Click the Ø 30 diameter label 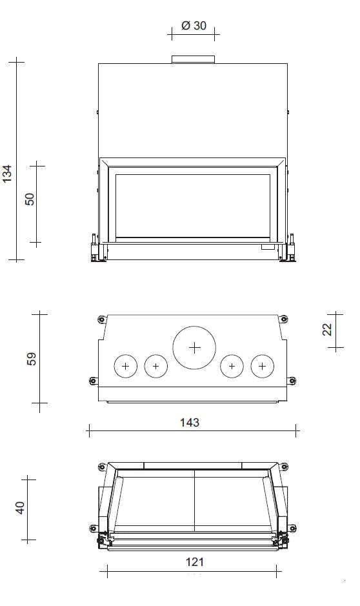pos(194,26)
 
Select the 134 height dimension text pos(7,174)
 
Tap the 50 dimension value pos(30,199)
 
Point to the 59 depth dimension pos(32,358)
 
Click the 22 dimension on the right pos(327,328)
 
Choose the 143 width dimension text pos(189,423)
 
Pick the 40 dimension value pos(20,508)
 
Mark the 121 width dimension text pos(194,562)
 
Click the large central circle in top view pos(194,347)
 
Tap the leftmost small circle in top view pos(125,367)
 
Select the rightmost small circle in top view pos(262,367)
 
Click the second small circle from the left pos(155,367)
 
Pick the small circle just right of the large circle pos(232,367)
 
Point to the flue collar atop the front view pos(193,59)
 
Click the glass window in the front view pos(193,205)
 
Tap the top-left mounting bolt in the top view pos(101,319)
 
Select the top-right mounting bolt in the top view pos(283,319)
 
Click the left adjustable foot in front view pos(94,252)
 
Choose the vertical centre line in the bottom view pos(194,503)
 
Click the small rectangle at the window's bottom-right pos(267,246)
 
